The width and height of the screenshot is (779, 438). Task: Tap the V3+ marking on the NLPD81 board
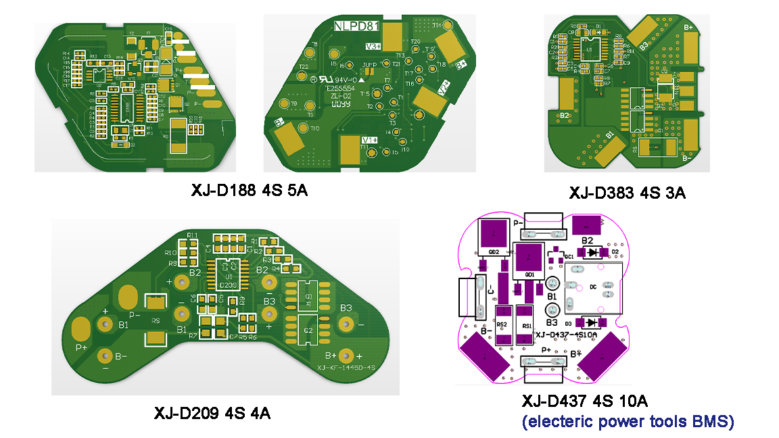click(x=373, y=46)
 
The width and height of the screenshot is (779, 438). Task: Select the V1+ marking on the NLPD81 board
click(x=369, y=139)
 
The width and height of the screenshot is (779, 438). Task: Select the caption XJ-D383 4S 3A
click(x=627, y=193)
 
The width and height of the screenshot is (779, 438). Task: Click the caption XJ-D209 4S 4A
click(x=212, y=412)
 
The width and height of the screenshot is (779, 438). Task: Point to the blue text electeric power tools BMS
click(x=628, y=422)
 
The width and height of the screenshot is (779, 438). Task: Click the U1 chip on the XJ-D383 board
click(x=589, y=49)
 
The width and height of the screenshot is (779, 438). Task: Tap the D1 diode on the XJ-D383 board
click(x=598, y=27)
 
